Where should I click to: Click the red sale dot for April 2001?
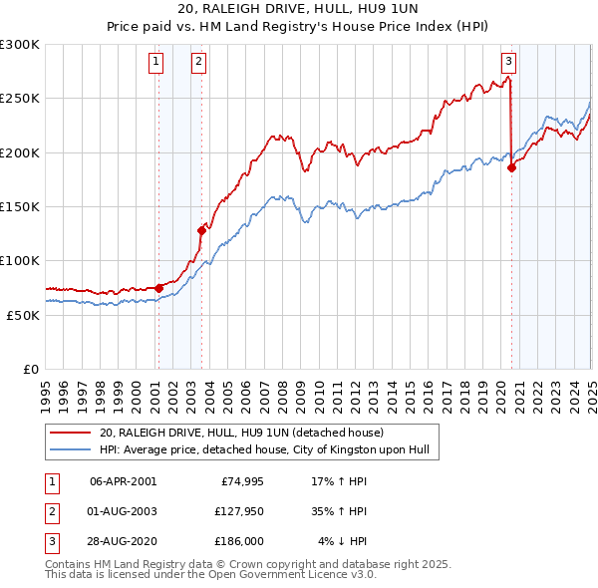[158, 288]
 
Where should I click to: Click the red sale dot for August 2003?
[201, 230]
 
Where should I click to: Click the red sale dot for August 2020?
[512, 167]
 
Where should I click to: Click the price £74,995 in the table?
[238, 481]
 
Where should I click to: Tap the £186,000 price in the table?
[238, 542]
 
